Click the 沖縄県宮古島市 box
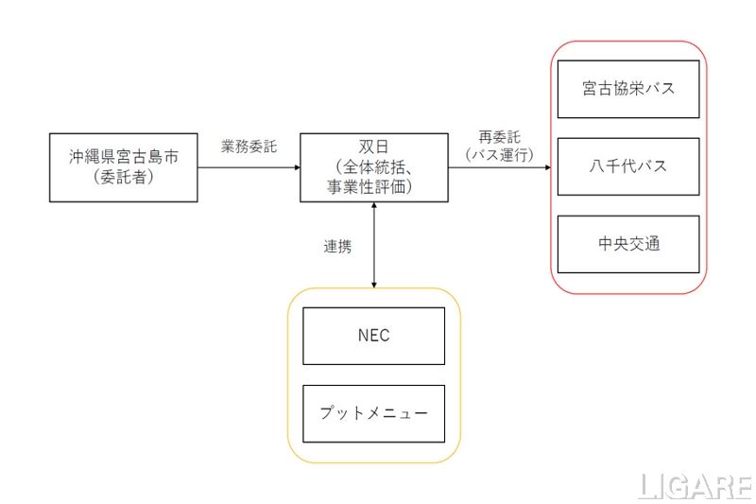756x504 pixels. tap(123, 167)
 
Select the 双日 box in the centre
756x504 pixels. tap(374, 167)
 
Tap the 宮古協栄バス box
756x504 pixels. tap(628, 89)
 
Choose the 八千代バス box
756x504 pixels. tap(628, 166)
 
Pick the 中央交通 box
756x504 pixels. tap(628, 244)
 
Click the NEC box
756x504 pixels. tap(373, 336)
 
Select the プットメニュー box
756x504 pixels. tap(373, 413)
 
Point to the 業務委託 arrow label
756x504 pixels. tap(249, 148)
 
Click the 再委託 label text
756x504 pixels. tap(500, 137)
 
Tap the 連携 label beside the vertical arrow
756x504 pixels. tap(337, 247)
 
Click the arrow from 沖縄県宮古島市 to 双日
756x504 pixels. tap(249, 167)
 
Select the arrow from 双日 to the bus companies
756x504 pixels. tap(500, 167)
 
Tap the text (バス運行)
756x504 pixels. tap(500, 153)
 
